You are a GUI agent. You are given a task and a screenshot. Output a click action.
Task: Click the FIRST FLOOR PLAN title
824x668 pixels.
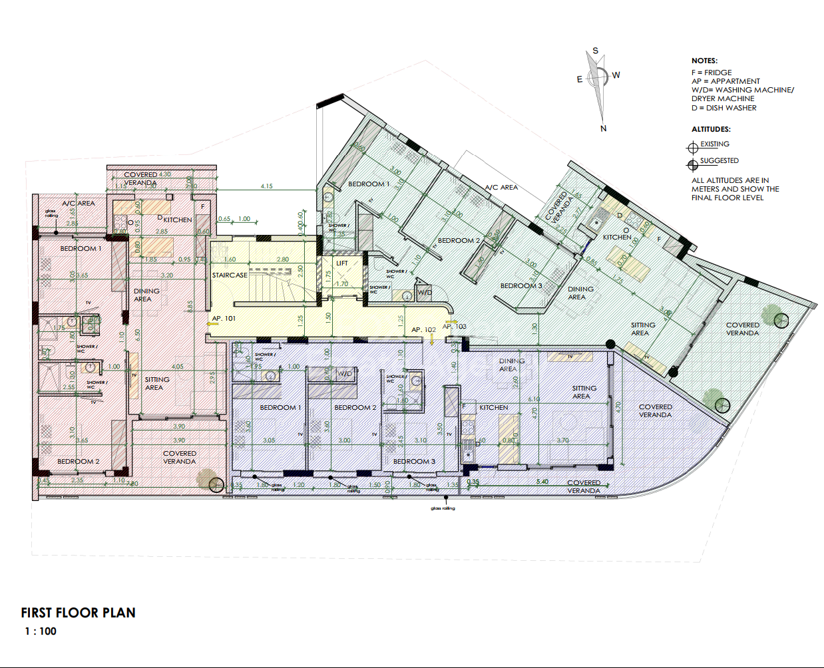(x=78, y=613)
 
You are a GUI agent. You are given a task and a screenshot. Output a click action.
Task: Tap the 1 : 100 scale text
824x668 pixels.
(x=41, y=631)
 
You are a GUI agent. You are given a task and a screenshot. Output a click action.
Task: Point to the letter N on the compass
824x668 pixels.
(x=603, y=128)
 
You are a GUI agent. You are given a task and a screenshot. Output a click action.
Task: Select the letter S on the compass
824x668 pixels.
(x=595, y=51)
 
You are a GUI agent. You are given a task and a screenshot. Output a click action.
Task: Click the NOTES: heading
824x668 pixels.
(x=704, y=61)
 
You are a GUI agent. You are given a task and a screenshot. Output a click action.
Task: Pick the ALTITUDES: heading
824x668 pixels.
(x=711, y=129)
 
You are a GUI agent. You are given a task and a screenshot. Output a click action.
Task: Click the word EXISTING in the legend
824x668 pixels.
(x=714, y=144)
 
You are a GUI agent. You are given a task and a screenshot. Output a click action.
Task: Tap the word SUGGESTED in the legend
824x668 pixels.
(x=719, y=161)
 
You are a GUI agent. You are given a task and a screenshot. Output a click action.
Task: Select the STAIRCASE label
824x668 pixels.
(x=230, y=275)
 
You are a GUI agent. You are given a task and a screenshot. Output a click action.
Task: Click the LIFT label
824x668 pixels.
(x=342, y=263)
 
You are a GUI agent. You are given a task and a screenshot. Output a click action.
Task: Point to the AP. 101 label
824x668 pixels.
(x=224, y=319)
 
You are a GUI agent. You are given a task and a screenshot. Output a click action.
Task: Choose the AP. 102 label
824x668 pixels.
(x=423, y=329)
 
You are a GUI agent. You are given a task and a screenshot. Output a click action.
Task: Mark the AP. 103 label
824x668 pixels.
(x=455, y=327)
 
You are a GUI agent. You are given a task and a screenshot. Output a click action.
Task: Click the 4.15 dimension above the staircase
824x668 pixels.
(x=266, y=186)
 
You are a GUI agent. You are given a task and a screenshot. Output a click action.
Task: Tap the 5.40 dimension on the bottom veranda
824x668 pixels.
(x=542, y=481)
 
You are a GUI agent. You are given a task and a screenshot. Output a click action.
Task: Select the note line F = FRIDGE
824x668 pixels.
(x=711, y=73)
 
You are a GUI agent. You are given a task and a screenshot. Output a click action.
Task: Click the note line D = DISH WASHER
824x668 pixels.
(x=723, y=108)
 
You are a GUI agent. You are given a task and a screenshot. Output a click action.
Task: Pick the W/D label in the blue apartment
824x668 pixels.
(x=344, y=374)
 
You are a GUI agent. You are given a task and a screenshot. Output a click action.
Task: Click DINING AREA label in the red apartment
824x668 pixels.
(x=146, y=295)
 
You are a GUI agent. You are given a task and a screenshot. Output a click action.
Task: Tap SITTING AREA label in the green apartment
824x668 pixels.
(x=642, y=329)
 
